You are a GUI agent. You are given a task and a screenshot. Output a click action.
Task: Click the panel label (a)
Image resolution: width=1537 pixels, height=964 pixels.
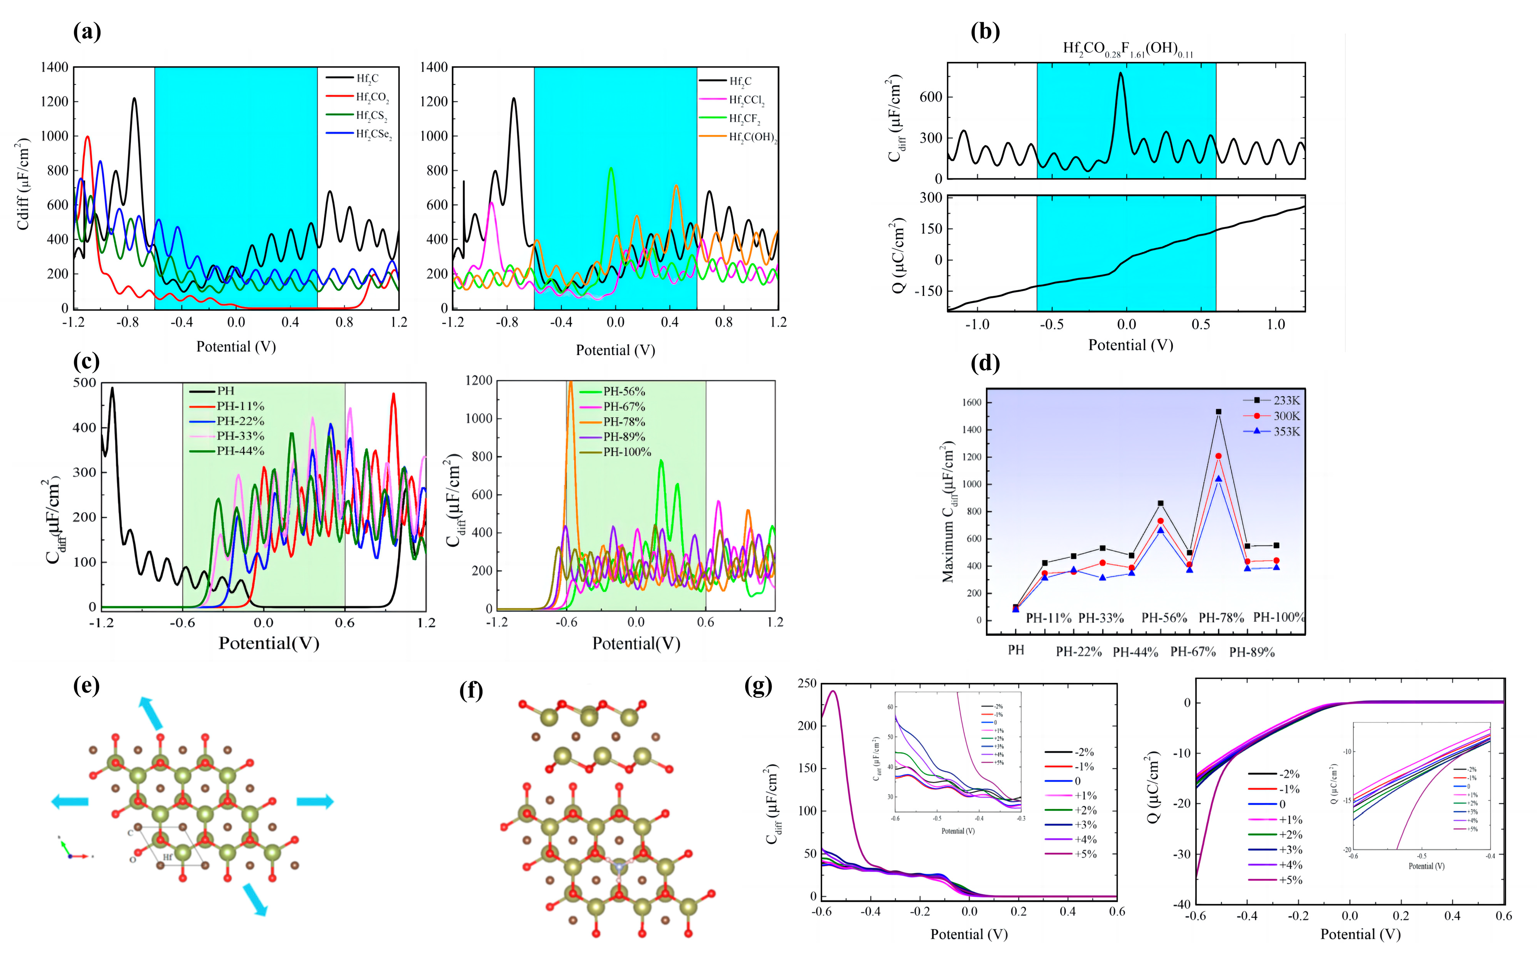[87, 31]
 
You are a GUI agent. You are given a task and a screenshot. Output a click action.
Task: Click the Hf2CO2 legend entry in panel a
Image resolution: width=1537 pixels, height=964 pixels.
[372, 98]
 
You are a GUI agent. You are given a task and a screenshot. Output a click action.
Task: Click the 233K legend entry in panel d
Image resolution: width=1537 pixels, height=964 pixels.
[1286, 400]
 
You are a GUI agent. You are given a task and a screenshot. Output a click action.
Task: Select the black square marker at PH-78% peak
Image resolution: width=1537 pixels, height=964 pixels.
[1218, 412]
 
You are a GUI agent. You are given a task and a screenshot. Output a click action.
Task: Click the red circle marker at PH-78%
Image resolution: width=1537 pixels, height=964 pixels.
[1218, 456]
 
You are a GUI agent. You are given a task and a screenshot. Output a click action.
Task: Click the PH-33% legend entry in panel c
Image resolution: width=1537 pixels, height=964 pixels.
[240, 436]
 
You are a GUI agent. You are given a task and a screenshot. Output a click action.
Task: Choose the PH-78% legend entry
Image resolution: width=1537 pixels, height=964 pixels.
[624, 422]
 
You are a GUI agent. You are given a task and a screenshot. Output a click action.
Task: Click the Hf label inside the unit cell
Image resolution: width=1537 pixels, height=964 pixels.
[167, 857]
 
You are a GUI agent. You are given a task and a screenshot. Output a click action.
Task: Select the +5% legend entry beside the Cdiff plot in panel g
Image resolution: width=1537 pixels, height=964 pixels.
[1085, 854]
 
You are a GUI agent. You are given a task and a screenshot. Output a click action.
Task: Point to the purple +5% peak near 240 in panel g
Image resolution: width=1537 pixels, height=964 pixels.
[833, 692]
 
